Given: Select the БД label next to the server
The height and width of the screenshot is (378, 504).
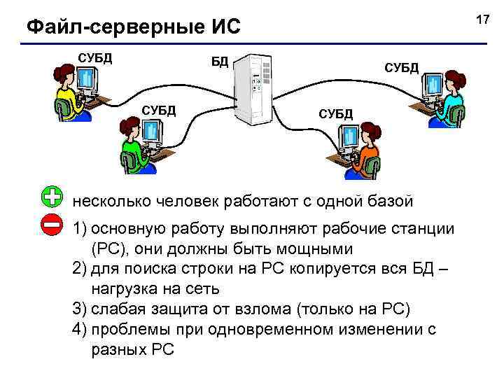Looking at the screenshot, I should pos(220,61).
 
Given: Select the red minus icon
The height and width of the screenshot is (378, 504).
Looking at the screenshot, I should pos(52,225).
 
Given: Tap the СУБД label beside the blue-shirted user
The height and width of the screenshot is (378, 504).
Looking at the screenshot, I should pos(401,67).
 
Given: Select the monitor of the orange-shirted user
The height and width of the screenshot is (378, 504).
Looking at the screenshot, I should pos(348,138).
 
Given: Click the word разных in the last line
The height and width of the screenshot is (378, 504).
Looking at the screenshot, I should pos(114,349).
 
